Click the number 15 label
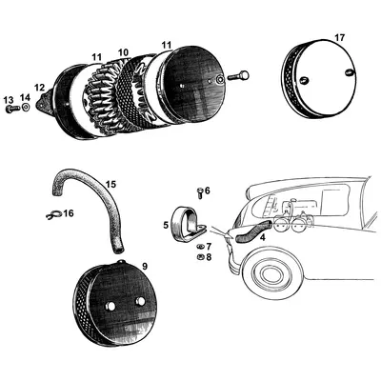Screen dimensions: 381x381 pyautogui.click(x=111, y=184)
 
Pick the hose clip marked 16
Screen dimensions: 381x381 pyautogui.click(x=53, y=213)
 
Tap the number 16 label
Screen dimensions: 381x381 pyautogui.click(x=68, y=213)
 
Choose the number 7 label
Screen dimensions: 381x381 pyautogui.click(x=209, y=246)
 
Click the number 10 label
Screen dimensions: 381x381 pyautogui.click(x=123, y=51)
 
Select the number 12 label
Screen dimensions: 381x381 pyautogui.click(x=40, y=88)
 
